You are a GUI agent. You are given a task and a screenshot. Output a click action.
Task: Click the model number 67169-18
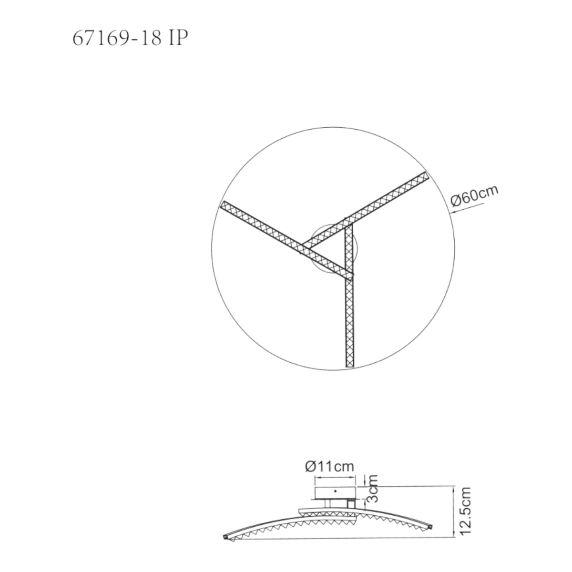click(117, 38)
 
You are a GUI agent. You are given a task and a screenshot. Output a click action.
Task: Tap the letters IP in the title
click(179, 38)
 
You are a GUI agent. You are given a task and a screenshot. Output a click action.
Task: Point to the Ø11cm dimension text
click(329, 467)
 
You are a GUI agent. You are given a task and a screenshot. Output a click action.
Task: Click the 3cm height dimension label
click(373, 489)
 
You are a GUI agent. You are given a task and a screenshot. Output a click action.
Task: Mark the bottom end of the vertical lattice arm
click(350, 367)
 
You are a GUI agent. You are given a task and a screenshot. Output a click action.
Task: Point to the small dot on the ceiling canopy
click(335, 491)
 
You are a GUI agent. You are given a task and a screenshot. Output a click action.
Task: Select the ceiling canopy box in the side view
click(335, 493)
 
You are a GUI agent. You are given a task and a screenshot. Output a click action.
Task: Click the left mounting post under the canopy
click(327, 504)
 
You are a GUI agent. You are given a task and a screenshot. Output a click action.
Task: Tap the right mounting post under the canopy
click(351, 504)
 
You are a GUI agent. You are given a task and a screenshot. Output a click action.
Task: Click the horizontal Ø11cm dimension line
click(335, 478)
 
